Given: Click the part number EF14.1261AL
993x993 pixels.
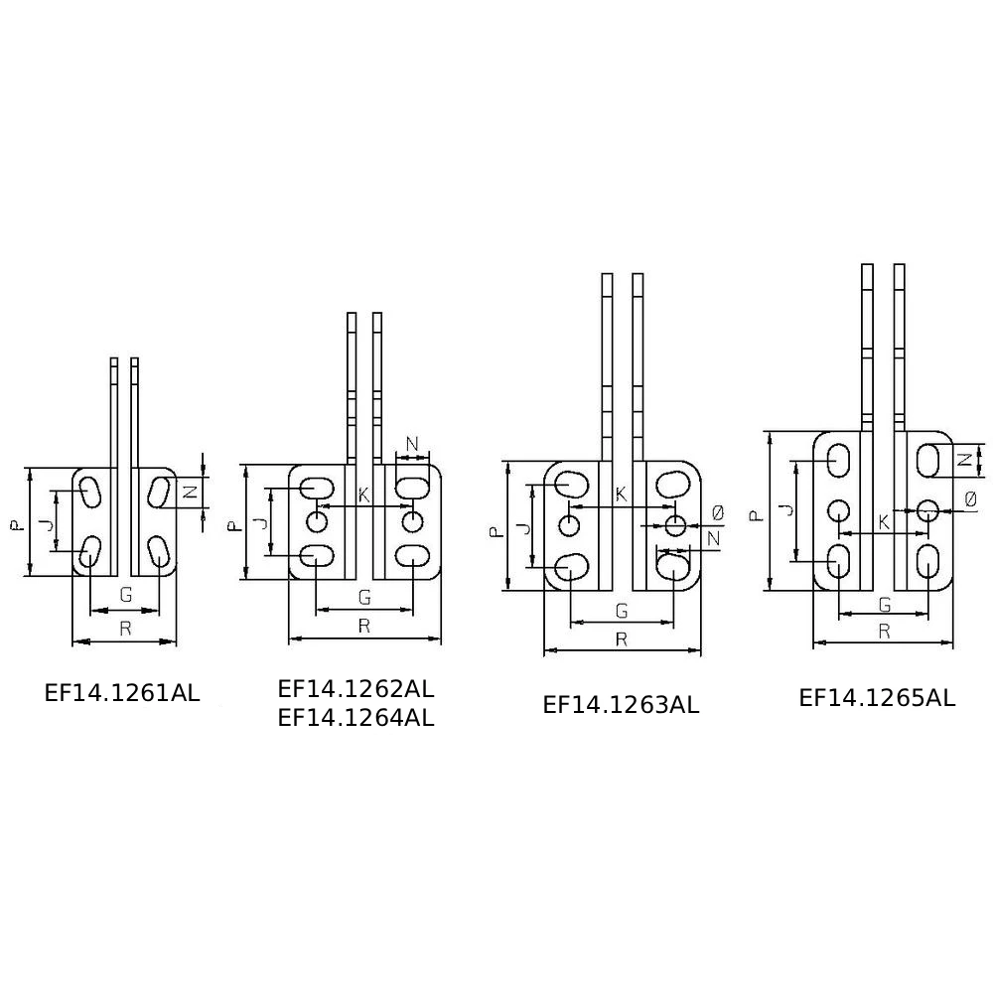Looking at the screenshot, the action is click(x=122, y=693).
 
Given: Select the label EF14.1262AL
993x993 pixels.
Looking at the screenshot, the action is click(x=355, y=688).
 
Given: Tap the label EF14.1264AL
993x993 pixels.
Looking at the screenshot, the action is click(x=355, y=718).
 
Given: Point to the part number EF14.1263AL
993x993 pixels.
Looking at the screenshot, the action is click(x=621, y=705).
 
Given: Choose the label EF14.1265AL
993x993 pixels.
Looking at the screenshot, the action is click(x=877, y=698).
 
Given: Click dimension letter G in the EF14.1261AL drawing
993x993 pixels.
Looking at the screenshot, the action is click(x=126, y=595).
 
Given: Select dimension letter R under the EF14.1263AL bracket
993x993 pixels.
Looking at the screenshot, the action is click(x=622, y=639).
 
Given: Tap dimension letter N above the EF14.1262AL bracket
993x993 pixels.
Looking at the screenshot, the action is click(x=412, y=444).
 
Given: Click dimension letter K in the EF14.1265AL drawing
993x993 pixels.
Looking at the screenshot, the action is click(x=884, y=523).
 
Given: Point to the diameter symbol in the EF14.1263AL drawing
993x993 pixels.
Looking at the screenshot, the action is click(x=718, y=513).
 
